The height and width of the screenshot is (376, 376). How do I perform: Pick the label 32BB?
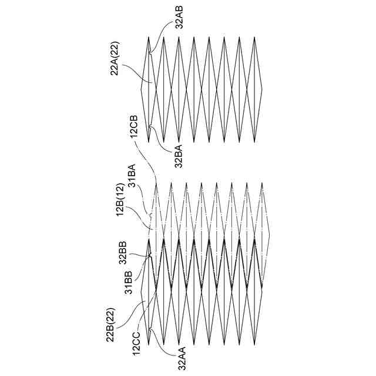[x=123, y=252]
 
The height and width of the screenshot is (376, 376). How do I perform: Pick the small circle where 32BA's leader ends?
[x=150, y=126]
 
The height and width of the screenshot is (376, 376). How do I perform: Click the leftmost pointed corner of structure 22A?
[x=142, y=89]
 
